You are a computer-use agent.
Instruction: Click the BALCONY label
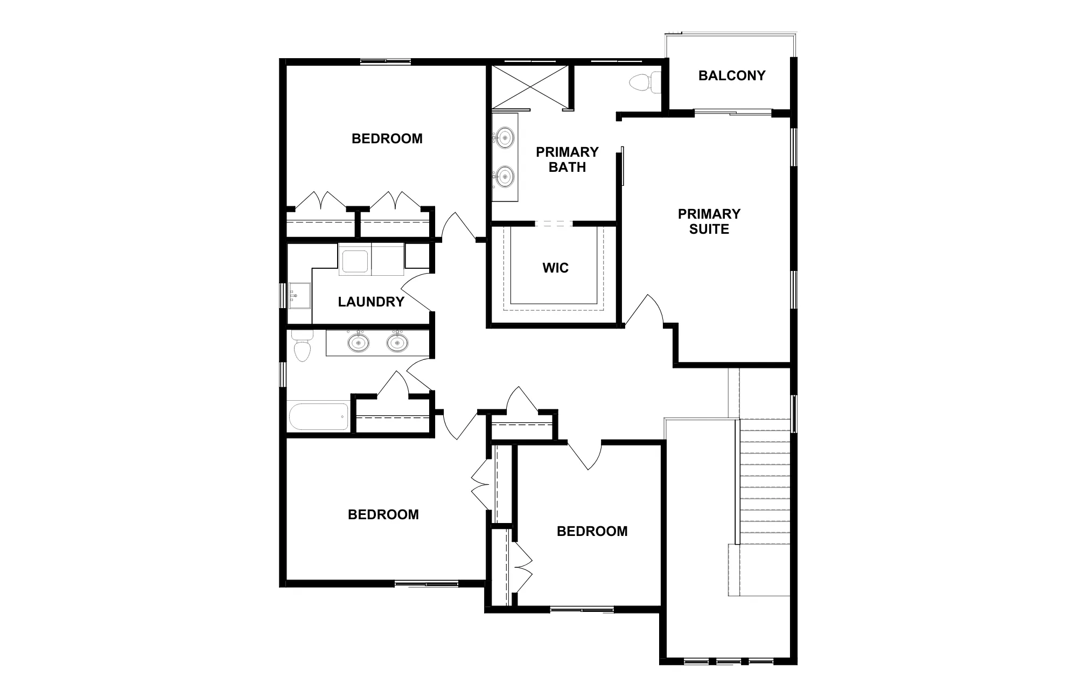pyautogui.click(x=732, y=75)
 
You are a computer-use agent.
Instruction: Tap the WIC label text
pyautogui.click(x=555, y=268)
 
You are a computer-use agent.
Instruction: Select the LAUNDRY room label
pyautogui.click(x=371, y=302)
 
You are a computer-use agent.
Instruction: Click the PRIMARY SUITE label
pyautogui.click(x=709, y=221)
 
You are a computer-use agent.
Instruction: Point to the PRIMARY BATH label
pyautogui.click(x=567, y=159)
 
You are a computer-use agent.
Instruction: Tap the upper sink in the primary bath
pyautogui.click(x=505, y=137)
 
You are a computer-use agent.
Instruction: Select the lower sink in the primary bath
pyautogui.click(x=505, y=176)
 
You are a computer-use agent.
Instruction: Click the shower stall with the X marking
pyautogui.click(x=530, y=87)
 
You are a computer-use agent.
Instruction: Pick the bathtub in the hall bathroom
pyautogui.click(x=318, y=417)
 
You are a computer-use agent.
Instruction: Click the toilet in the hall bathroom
pyautogui.click(x=302, y=345)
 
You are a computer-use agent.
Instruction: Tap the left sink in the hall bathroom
pyautogui.click(x=358, y=343)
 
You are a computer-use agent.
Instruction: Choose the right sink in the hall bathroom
pyautogui.click(x=397, y=343)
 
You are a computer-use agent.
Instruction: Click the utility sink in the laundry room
pyautogui.click(x=299, y=296)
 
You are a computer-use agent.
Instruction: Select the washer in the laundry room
pyautogui.click(x=354, y=260)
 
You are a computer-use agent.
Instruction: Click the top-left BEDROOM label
pyautogui.click(x=387, y=138)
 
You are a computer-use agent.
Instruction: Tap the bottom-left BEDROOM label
pyautogui.click(x=383, y=514)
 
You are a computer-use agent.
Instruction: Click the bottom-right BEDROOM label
pyautogui.click(x=592, y=531)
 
